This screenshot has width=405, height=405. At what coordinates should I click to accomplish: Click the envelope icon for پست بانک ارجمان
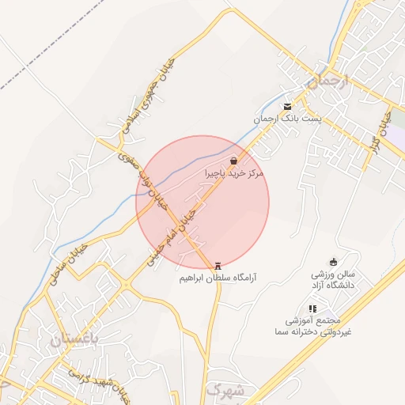pos(287,107)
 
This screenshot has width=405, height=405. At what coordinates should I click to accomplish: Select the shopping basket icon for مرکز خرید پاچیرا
pos(233,160)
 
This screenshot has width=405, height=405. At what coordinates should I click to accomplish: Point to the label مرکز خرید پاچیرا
pos(233,172)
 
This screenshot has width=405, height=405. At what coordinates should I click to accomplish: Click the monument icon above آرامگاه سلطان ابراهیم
pos(218,267)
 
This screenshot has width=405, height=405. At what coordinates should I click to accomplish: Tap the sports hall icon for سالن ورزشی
pos(333,263)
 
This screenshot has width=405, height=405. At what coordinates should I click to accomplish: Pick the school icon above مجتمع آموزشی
pos(312,308)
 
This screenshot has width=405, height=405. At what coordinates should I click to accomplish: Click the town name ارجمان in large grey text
pos(321,81)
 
